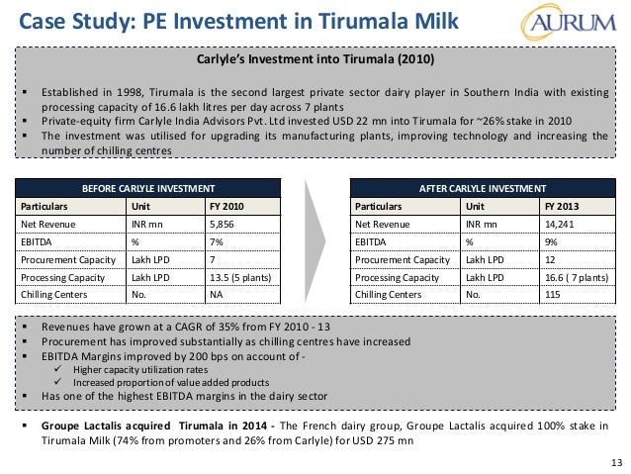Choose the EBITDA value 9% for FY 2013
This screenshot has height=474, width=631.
tap(551, 241)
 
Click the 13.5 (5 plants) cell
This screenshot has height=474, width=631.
tap(240, 277)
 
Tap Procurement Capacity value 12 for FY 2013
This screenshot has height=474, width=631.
tap(550, 259)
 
